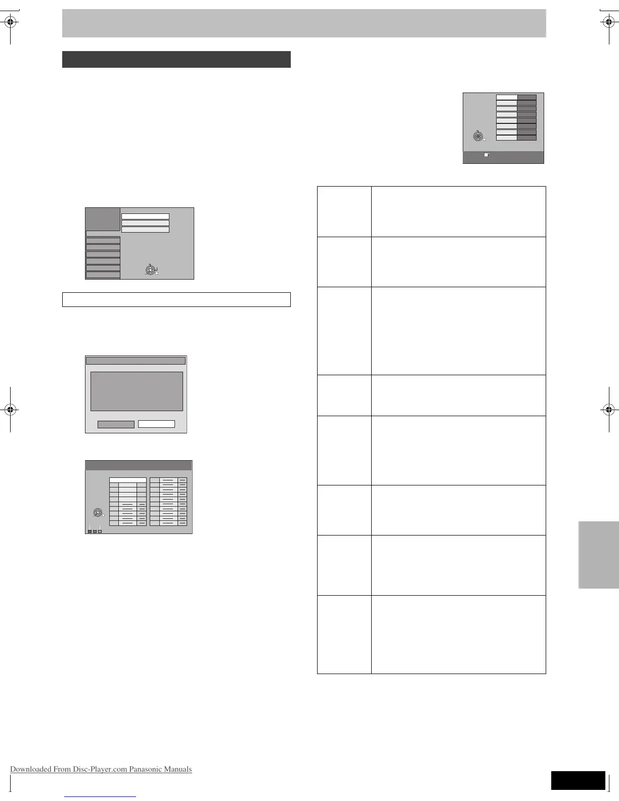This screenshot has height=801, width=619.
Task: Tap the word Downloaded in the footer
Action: (30, 769)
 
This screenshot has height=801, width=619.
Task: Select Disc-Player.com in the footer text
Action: (100, 769)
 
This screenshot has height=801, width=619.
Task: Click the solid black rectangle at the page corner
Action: (578, 780)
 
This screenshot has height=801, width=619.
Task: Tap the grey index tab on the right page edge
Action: (599, 555)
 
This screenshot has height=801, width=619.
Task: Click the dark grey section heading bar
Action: (176, 59)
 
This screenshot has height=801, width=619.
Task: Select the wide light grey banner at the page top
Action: (304, 23)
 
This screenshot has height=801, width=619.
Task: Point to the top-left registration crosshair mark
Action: (10, 22)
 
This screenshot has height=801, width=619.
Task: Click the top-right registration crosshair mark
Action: (608, 22)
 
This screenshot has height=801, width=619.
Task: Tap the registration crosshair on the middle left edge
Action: (10, 410)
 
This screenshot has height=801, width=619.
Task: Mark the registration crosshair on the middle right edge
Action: (608, 410)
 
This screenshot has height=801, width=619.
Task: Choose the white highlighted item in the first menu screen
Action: (145, 216)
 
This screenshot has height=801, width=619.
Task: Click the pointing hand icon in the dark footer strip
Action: (487, 155)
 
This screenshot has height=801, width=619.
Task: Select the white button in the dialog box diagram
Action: (156, 424)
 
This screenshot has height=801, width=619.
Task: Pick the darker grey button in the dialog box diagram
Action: (116, 424)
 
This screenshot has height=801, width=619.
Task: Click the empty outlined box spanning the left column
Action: (176, 299)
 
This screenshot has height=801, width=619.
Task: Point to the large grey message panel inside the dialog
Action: (137, 391)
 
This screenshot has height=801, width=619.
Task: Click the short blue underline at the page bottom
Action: (100, 796)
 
